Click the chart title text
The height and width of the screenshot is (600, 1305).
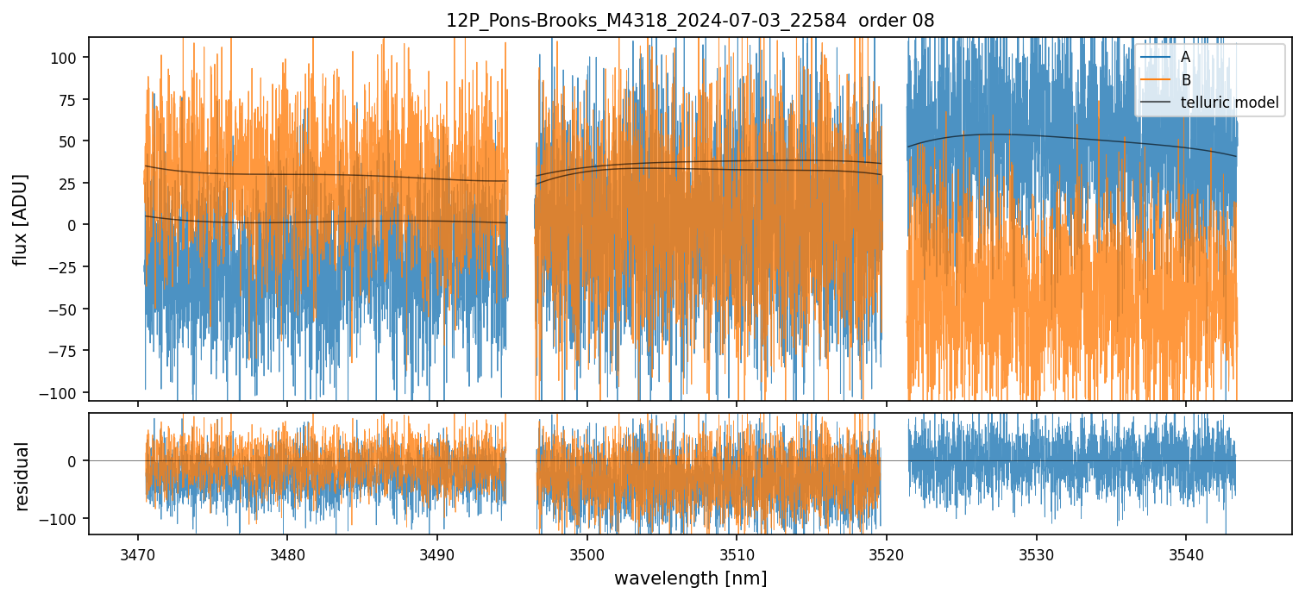click(690, 21)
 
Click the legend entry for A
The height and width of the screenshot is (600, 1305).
click(1185, 58)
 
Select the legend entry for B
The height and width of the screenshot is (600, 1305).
click(1185, 81)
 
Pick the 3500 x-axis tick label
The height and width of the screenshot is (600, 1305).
click(587, 553)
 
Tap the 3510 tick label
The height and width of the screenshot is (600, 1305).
click(737, 553)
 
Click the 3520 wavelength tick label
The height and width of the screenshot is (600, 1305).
click(887, 553)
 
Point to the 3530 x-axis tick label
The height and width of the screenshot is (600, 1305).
click(1036, 553)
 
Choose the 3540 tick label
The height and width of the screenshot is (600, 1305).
click(1186, 553)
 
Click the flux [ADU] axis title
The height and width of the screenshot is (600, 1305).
click(21, 219)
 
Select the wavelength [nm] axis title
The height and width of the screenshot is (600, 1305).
click(690, 578)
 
